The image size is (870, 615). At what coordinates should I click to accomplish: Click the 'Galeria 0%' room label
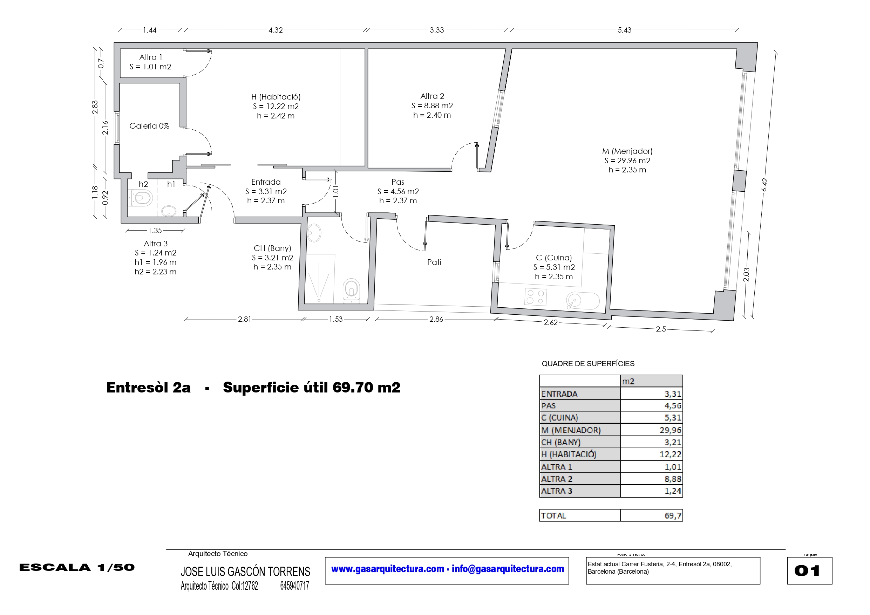(149, 126)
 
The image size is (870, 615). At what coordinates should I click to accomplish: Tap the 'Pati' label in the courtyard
(434, 262)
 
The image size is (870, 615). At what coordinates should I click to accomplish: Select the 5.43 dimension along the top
(625, 30)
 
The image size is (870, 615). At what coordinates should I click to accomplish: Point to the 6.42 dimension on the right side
(764, 185)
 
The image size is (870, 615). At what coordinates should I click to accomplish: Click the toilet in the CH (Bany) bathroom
(351, 291)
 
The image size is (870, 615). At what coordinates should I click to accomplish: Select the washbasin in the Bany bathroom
(314, 233)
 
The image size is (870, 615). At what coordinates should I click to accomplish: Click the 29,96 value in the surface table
(670, 430)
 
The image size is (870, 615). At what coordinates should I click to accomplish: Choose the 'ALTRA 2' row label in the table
(557, 479)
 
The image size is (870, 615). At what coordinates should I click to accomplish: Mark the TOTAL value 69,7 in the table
(673, 516)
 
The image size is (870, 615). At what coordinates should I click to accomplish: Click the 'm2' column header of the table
(628, 382)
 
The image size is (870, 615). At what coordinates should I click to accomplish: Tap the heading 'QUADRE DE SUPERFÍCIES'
(588, 364)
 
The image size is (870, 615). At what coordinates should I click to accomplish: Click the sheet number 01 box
(810, 570)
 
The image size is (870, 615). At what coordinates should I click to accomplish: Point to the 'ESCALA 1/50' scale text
(77, 568)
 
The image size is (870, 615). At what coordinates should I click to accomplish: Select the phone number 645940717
(294, 586)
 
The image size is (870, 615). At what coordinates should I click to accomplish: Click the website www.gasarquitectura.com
(388, 569)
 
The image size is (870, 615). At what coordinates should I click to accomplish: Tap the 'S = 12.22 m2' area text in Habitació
(276, 107)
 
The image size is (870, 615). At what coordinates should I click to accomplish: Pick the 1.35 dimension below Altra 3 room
(155, 230)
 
